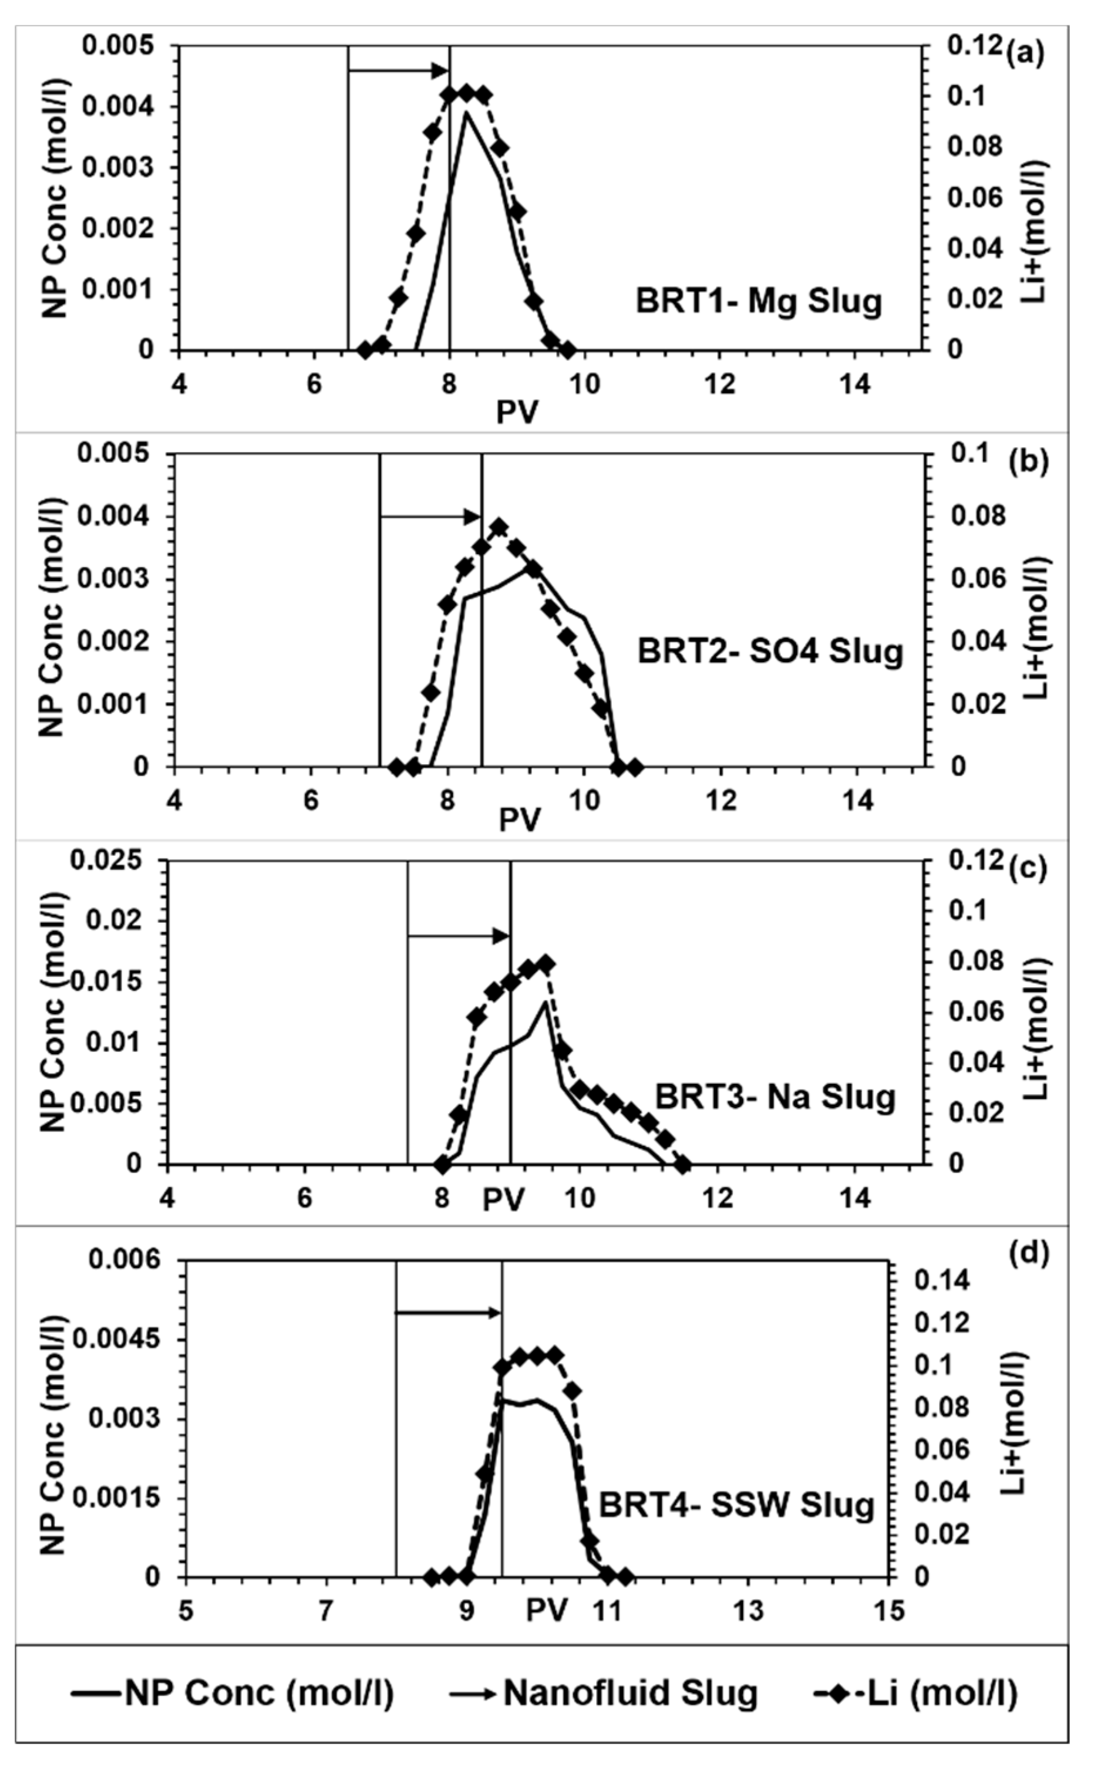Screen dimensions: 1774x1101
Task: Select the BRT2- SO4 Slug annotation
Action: (770, 652)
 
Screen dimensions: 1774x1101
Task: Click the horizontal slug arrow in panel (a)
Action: (398, 70)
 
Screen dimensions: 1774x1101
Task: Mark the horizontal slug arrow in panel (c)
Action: (458, 935)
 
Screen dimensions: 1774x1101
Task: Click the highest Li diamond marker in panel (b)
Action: (499, 527)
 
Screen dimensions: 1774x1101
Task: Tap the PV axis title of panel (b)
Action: (519, 819)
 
